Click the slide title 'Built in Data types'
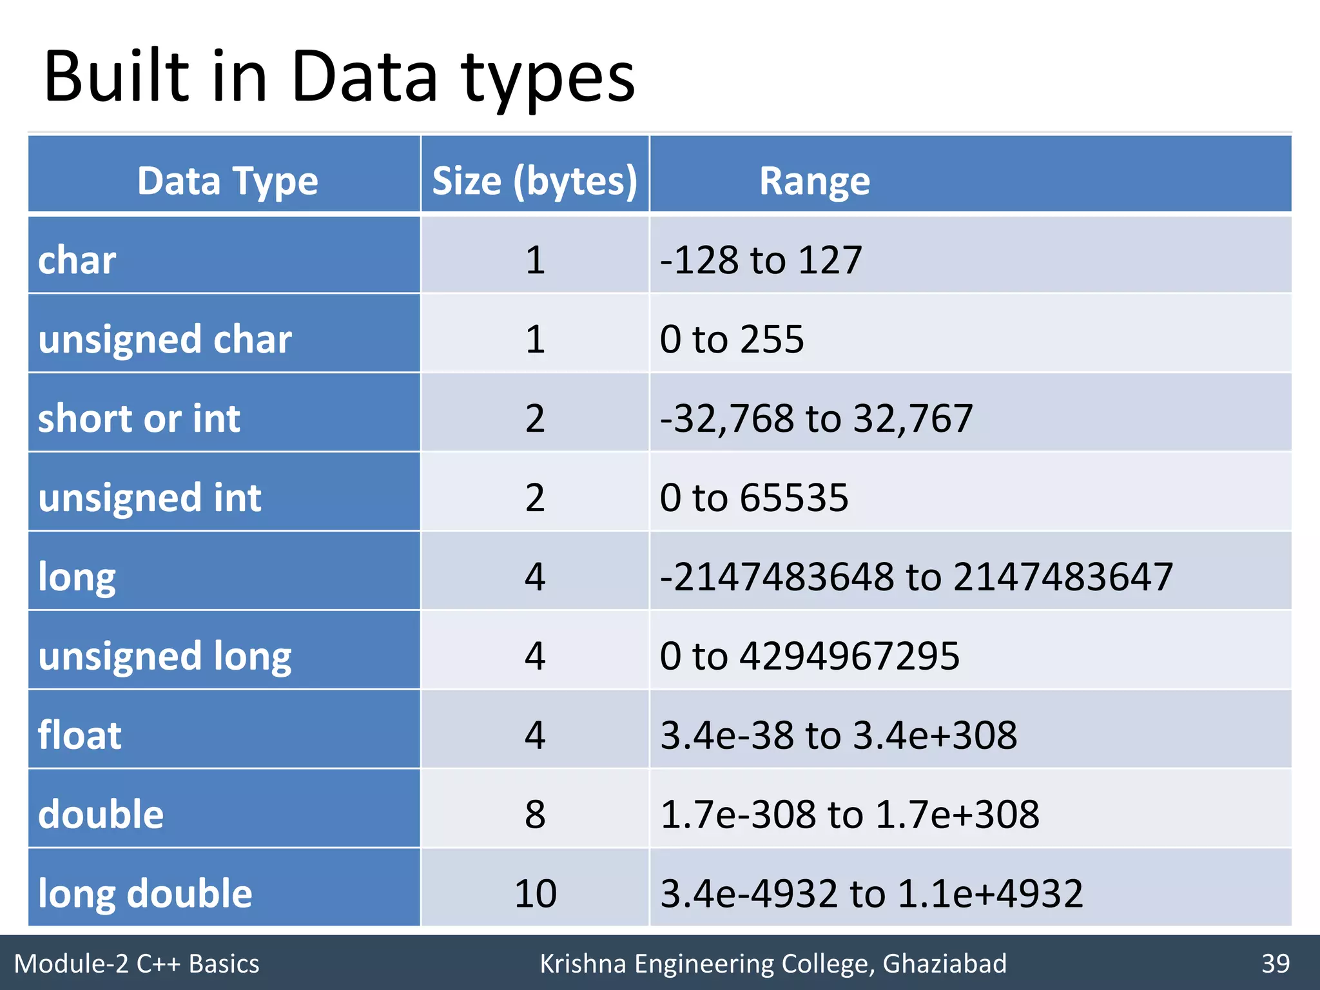(339, 78)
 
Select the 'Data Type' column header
(227, 181)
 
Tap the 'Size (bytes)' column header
(534, 181)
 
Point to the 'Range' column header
(814, 181)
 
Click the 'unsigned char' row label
(164, 339)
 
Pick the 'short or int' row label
(139, 418)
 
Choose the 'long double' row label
(145, 893)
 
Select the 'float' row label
(79, 735)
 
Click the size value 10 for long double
(535, 893)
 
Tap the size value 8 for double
(535, 814)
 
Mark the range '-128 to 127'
(761, 260)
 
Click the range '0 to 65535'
(753, 498)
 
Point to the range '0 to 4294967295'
(810, 656)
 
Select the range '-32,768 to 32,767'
(816, 418)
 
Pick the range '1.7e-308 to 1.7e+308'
(849, 814)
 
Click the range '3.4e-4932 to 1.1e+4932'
(871, 893)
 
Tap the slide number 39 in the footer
(1275, 964)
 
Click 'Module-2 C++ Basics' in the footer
(137, 964)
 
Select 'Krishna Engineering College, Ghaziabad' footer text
(773, 964)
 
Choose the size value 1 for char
(535, 260)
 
